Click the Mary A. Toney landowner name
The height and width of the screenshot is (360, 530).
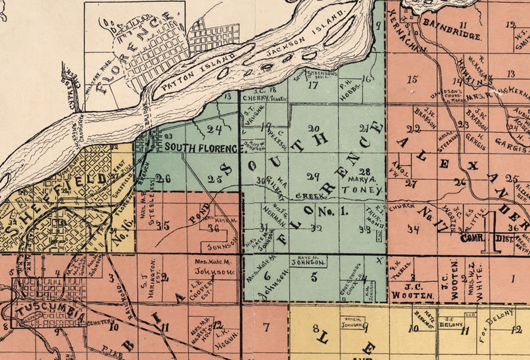pos(364,185)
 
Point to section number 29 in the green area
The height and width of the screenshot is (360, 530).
pos(313,176)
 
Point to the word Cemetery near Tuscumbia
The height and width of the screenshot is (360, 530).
pos(97,323)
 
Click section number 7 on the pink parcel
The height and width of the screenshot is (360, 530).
pos(266,327)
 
